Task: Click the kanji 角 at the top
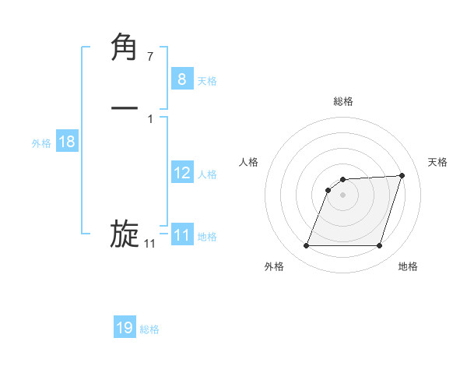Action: click(125, 48)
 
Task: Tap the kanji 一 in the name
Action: click(125, 109)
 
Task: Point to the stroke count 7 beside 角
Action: click(150, 56)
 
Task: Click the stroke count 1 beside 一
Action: click(150, 118)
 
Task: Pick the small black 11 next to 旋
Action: click(149, 244)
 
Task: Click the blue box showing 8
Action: click(181, 79)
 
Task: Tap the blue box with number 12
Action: click(181, 173)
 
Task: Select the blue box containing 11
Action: click(181, 235)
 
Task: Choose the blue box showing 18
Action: click(66, 142)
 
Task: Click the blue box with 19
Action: click(125, 328)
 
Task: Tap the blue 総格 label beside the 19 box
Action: click(149, 329)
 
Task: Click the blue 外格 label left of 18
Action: click(40, 143)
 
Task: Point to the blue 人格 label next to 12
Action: click(207, 174)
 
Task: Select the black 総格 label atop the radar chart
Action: click(343, 101)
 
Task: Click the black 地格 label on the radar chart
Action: click(408, 266)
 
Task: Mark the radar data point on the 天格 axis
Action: click(402, 175)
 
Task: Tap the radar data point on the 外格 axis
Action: click(306, 246)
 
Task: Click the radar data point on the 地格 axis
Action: click(380, 246)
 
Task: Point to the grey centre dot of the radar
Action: click(342, 195)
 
